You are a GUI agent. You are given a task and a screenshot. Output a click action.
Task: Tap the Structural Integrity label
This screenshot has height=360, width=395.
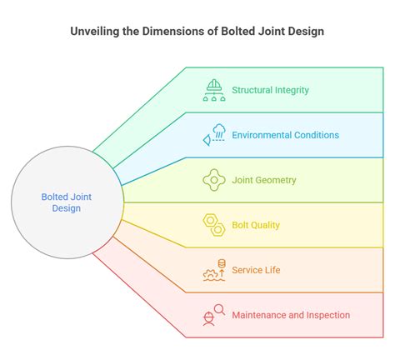tap(270, 90)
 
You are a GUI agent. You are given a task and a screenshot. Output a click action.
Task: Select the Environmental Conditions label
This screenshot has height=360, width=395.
tap(286, 135)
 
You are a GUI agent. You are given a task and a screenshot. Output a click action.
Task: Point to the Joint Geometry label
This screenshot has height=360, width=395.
tap(264, 180)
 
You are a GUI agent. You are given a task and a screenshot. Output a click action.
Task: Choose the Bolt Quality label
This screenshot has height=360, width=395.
tap(256, 225)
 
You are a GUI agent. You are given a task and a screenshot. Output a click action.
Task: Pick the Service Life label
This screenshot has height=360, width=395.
tap(256, 270)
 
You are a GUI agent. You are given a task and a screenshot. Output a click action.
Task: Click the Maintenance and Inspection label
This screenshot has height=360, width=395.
tap(291, 315)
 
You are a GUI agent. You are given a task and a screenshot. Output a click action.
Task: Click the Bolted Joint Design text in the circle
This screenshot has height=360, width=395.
tap(67, 202)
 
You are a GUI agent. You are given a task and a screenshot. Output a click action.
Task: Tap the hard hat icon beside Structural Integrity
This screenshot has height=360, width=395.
tap(214, 90)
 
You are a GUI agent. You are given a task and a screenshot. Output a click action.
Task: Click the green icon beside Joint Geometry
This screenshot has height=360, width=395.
tap(214, 180)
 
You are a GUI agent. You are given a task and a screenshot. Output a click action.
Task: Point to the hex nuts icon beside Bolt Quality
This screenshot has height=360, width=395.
tap(214, 225)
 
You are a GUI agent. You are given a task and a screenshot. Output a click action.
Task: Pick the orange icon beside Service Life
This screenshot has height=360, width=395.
tap(214, 270)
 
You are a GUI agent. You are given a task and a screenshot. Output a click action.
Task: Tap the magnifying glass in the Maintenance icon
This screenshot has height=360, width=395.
tap(220, 309)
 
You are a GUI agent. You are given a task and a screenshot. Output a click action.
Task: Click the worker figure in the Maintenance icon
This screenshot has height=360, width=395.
tap(208, 319)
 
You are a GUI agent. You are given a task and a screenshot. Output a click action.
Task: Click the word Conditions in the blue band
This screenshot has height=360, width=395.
tap(317, 135)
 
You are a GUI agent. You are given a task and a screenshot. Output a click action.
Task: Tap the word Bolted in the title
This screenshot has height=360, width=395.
tap(237, 31)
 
